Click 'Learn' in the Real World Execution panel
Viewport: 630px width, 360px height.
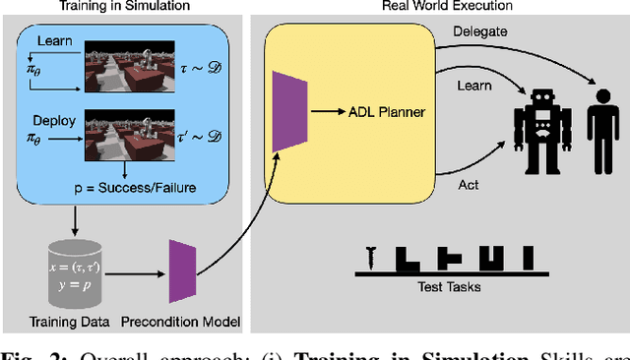point(474,88)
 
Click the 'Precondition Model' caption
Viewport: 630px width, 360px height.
point(182,321)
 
